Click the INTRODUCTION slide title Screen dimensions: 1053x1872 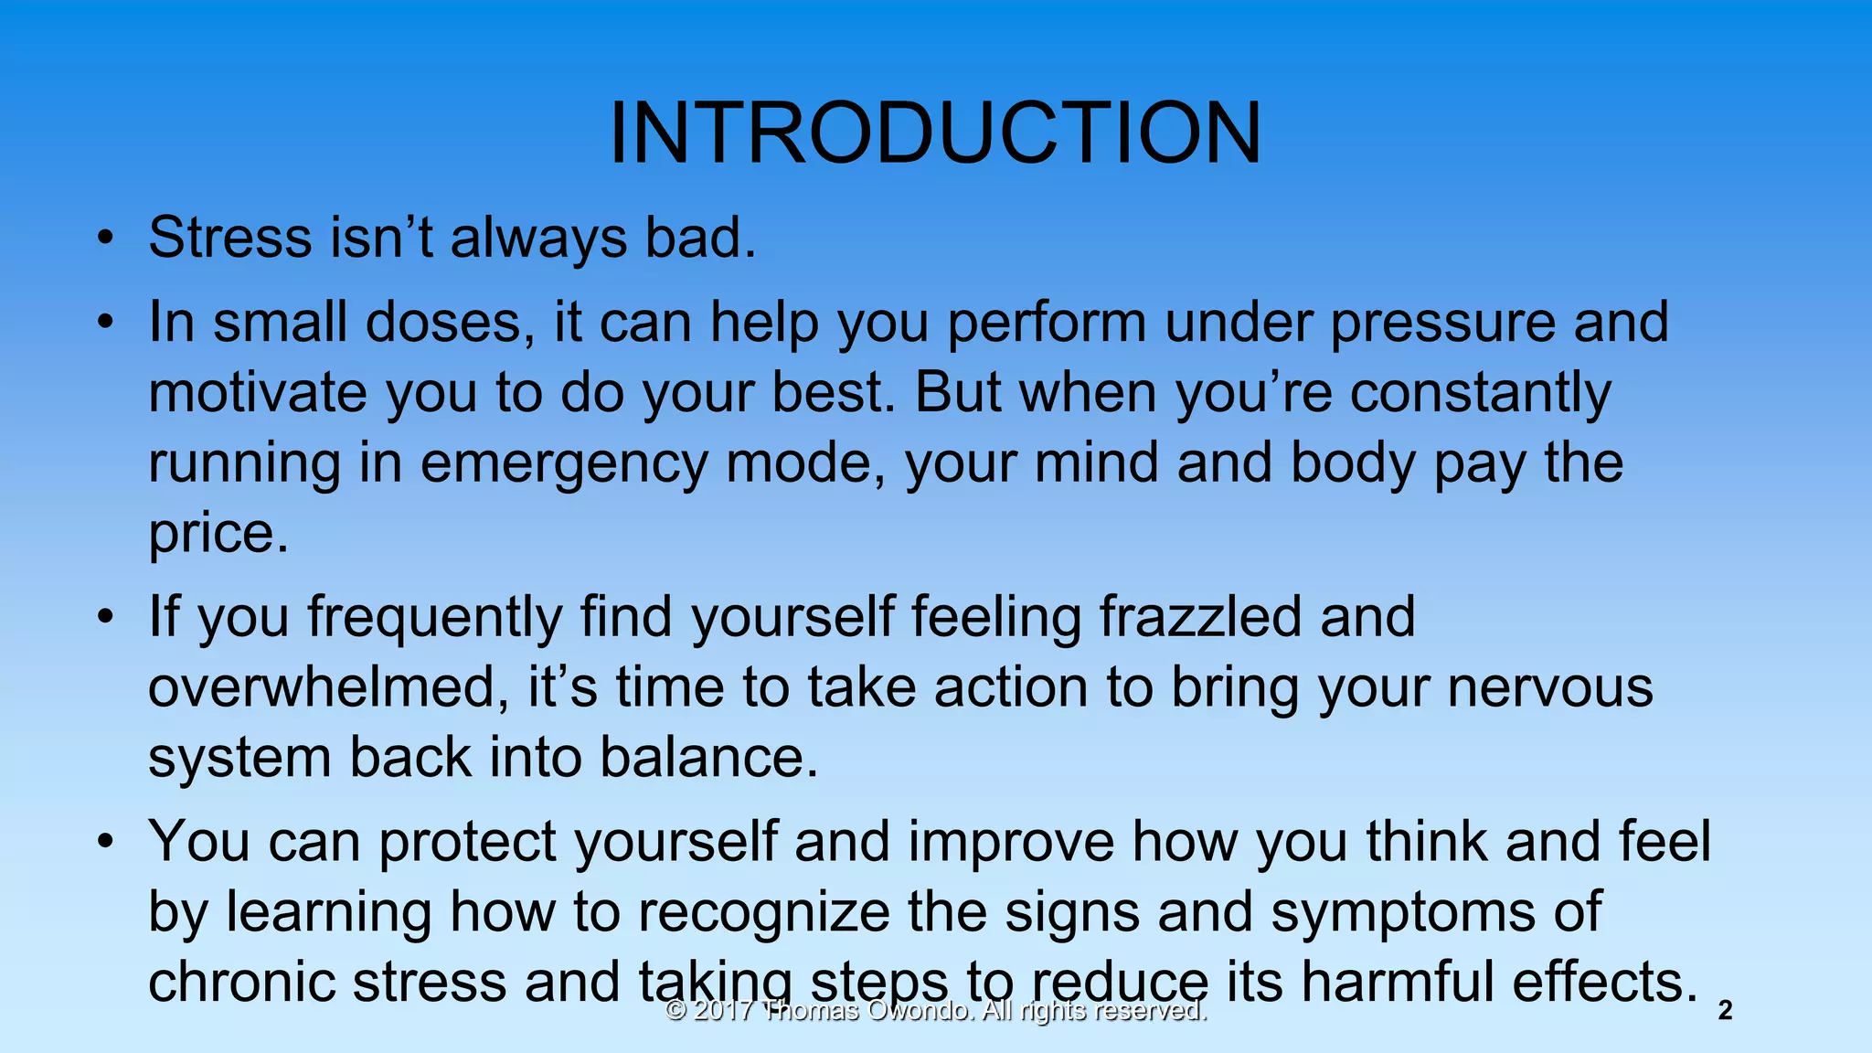pos(935,133)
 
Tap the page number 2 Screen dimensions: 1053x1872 pos(1725,1011)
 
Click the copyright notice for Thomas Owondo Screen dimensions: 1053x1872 pos(936,1011)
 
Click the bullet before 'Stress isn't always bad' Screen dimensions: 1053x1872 pos(107,239)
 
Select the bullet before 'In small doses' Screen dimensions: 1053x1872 pos(107,324)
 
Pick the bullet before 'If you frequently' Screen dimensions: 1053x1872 pos(107,618)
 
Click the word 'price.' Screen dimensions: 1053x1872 pos(218,534)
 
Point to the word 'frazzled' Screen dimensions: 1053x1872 pos(1199,617)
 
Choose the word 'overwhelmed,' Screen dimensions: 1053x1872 pos(328,687)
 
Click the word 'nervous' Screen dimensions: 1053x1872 pos(1550,687)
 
